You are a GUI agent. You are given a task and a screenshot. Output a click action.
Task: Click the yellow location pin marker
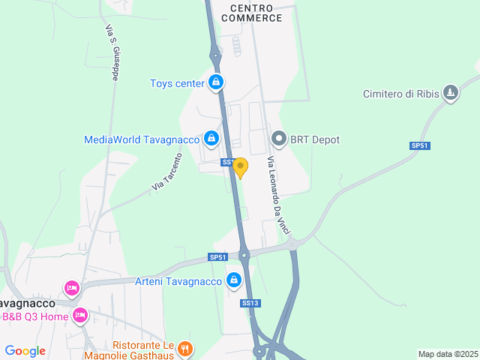(x=240, y=167)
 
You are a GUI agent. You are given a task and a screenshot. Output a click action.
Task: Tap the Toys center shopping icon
(x=216, y=82)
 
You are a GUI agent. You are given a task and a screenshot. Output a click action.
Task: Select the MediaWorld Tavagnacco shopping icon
(x=211, y=139)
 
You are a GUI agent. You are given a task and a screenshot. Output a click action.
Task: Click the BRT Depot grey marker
(x=279, y=139)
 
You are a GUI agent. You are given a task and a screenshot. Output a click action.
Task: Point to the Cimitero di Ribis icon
(x=450, y=93)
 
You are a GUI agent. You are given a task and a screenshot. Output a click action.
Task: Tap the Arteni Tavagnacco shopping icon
(x=234, y=280)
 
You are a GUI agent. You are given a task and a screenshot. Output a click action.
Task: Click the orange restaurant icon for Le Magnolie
(x=185, y=348)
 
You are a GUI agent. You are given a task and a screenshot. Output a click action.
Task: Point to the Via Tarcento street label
(x=167, y=171)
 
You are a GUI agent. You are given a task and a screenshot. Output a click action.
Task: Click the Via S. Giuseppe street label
(x=113, y=51)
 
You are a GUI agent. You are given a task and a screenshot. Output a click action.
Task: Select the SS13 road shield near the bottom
(x=250, y=303)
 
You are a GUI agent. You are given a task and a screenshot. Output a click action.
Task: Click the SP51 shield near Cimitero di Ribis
(x=419, y=145)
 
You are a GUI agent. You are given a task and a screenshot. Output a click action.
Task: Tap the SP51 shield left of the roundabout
(x=217, y=257)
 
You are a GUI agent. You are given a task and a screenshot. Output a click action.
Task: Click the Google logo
(x=25, y=350)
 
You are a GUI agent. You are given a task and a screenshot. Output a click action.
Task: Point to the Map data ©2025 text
(x=448, y=354)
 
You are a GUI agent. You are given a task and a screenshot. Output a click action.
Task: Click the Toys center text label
(x=177, y=83)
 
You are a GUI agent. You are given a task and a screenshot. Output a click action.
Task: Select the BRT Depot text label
(x=315, y=139)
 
